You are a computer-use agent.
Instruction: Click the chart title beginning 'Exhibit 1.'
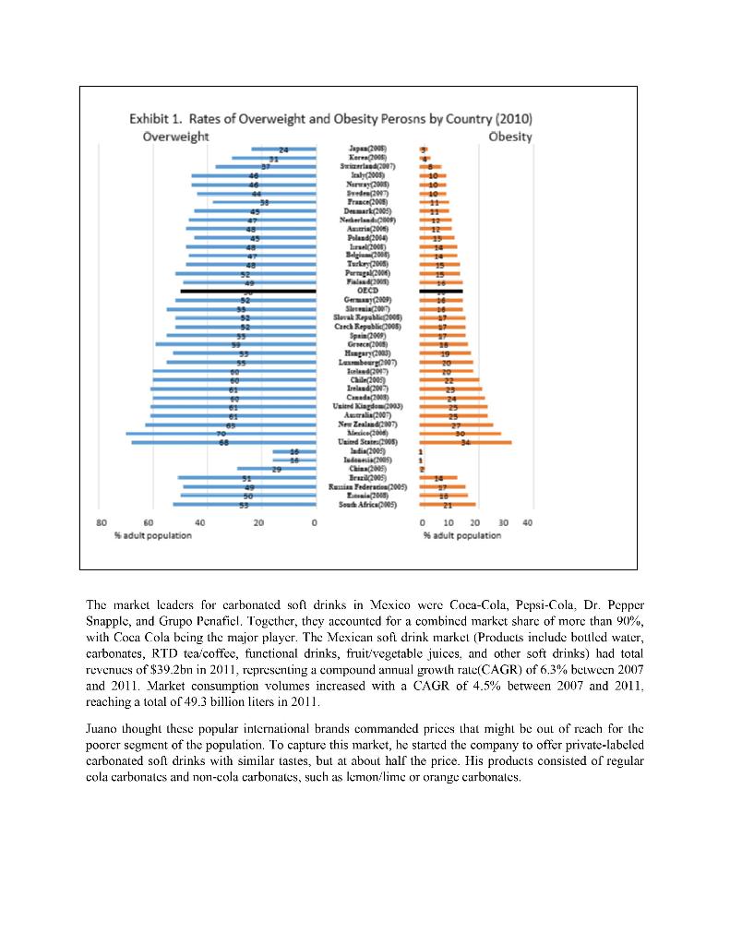tap(329, 119)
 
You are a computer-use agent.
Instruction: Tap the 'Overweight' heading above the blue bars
tap(175, 137)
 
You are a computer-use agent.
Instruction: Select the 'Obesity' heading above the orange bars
tap(510, 137)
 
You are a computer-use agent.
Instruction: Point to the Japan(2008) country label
tap(367, 149)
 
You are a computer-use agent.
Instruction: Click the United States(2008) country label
tap(367, 442)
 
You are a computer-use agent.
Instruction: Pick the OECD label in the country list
tap(367, 291)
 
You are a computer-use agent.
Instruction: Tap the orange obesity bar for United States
tap(465, 442)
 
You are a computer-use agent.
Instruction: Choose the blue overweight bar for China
tap(276, 470)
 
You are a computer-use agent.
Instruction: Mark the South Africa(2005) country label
tap(367, 505)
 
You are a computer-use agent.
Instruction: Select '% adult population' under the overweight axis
tap(146, 535)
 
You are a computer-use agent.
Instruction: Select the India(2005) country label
tap(367, 451)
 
